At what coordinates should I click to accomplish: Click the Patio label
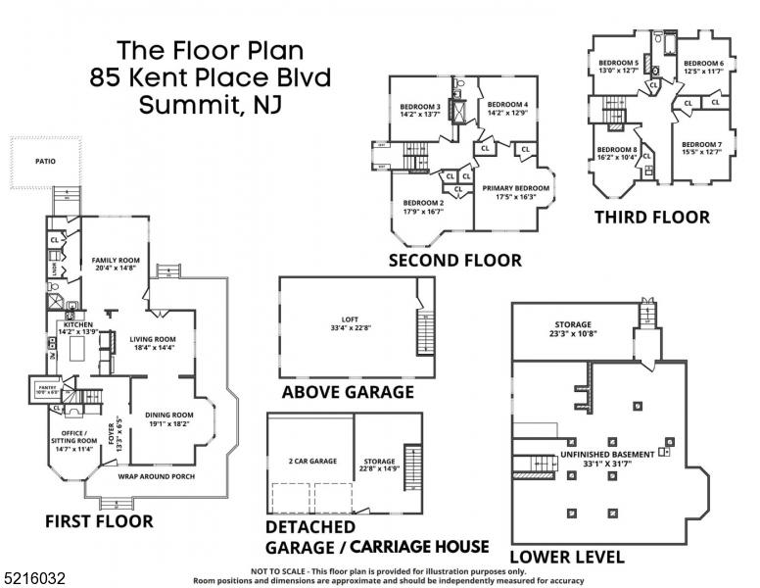[45, 162]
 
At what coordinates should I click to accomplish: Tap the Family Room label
[117, 261]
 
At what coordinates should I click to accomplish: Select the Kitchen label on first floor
[77, 324]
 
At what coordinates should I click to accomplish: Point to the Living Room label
[152, 339]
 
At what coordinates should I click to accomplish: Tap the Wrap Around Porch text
[157, 476]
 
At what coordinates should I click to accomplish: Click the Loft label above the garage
[351, 319]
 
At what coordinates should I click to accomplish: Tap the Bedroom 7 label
[702, 145]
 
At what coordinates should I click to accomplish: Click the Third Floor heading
[652, 217]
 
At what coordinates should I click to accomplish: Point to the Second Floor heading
[454, 260]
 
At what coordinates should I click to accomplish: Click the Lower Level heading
[568, 557]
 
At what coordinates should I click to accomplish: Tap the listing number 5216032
[33, 579]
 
